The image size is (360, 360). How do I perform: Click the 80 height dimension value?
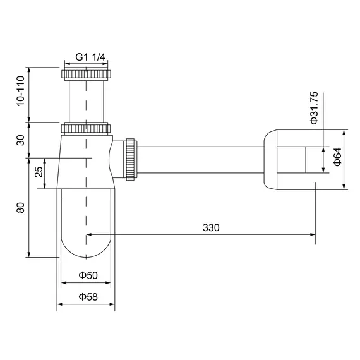21,207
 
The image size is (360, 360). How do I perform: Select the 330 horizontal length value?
212,228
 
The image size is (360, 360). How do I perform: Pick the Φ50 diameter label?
87,275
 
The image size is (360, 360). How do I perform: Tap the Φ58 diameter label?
87,297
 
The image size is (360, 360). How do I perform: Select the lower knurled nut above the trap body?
86,129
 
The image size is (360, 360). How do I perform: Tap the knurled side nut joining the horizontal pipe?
131,159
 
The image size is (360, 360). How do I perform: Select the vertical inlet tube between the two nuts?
86,98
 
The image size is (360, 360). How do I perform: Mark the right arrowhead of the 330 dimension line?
313,235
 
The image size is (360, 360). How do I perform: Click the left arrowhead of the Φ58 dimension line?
61,304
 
